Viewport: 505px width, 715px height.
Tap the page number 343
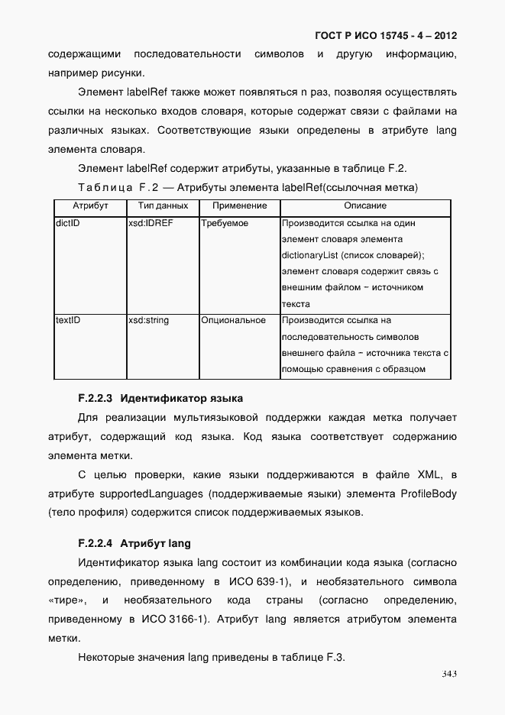448,673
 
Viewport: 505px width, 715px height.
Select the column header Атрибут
90,205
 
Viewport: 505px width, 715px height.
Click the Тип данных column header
163,205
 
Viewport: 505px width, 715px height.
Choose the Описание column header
365,205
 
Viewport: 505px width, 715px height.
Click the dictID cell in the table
69,224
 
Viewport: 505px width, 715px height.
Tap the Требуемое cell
225,224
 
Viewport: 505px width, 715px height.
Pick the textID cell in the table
69,320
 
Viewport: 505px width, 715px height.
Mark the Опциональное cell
234,320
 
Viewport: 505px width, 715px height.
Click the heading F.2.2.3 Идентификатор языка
160,398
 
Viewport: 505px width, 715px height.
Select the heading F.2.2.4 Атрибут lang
134,544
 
